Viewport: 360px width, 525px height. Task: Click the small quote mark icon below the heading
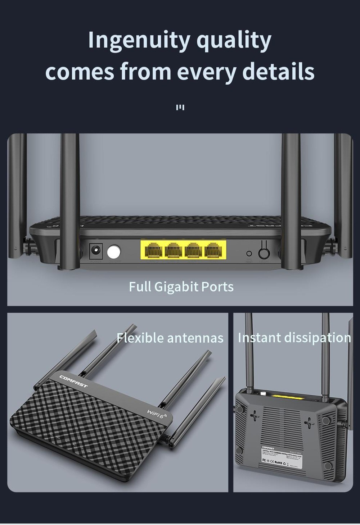[x=180, y=108]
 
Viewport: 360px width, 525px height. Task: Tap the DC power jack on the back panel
[x=96, y=251]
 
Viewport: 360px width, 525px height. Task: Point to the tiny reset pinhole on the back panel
[x=249, y=254]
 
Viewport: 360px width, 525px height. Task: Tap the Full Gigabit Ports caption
[x=181, y=287]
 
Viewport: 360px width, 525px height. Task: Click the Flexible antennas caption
[x=170, y=338]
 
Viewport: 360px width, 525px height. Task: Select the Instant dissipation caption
[x=294, y=338]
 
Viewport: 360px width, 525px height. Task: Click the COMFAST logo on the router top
[x=74, y=382]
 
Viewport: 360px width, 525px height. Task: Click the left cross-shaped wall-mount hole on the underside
[x=255, y=416]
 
